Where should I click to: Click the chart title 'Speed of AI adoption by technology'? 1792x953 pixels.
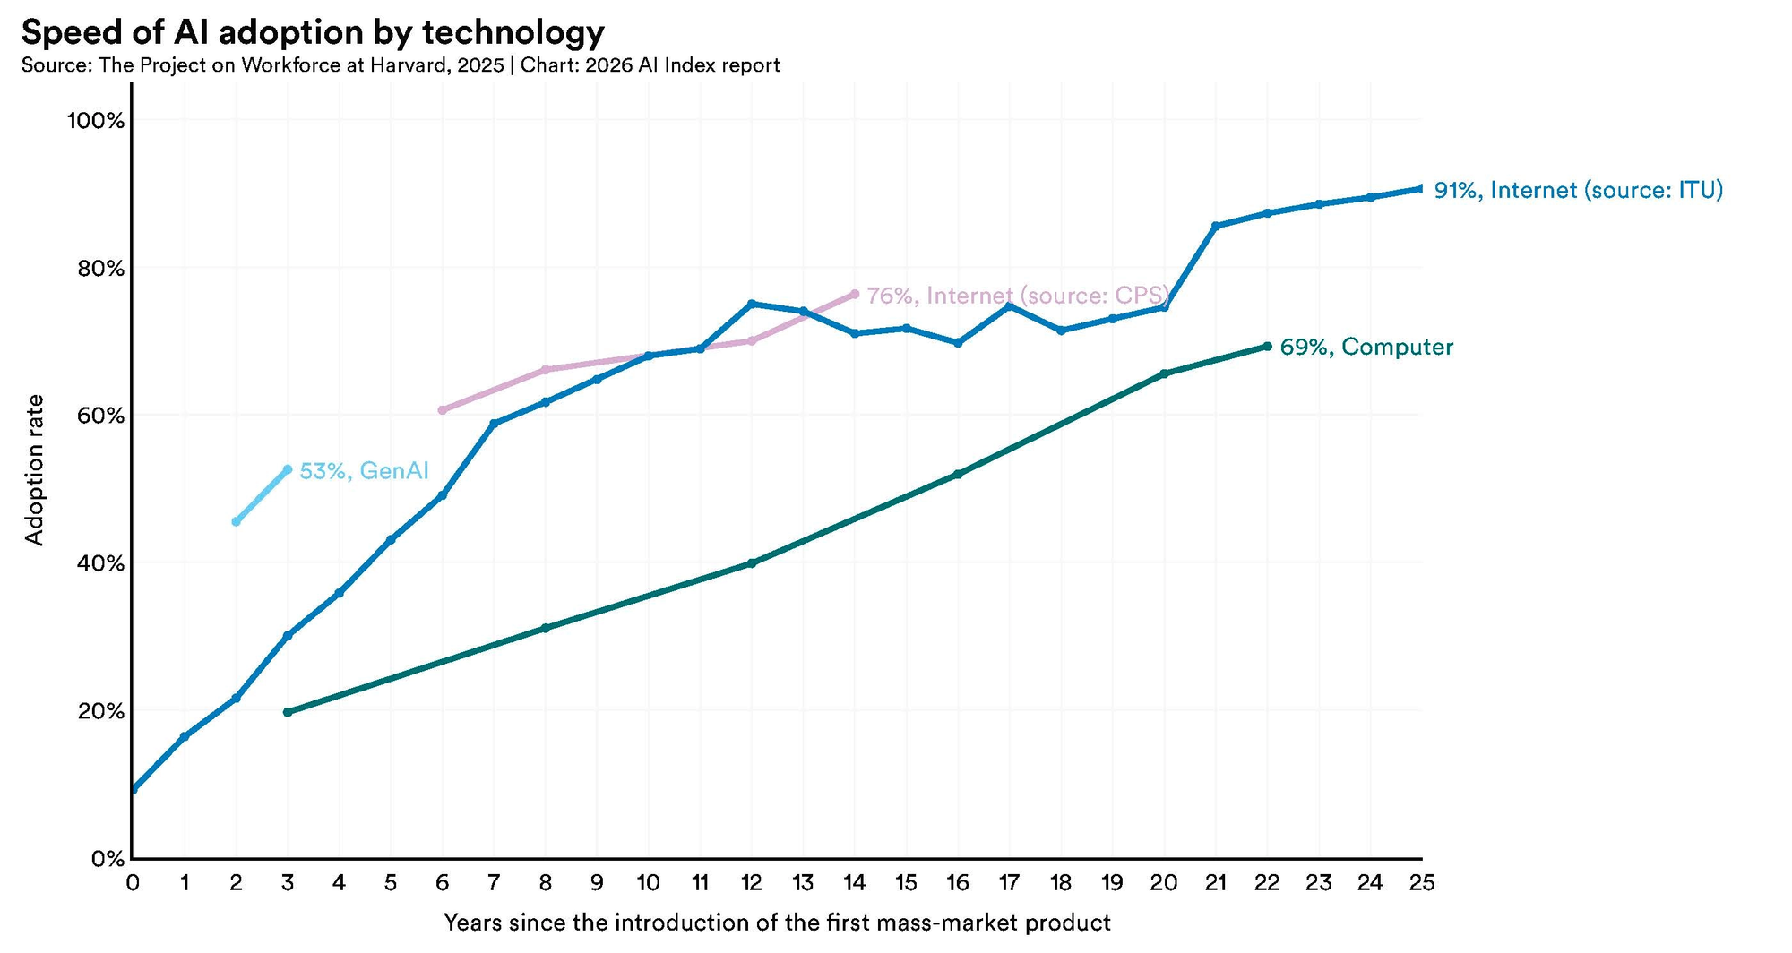(313, 32)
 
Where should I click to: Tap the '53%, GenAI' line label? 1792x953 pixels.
(364, 471)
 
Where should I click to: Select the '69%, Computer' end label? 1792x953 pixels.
(1366, 348)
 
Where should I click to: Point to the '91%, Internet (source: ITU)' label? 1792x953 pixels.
(1579, 190)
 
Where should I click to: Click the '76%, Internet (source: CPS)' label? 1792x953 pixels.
(1018, 296)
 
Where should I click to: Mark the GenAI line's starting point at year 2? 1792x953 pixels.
(236, 521)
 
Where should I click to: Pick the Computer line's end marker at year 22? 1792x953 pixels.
(1267, 346)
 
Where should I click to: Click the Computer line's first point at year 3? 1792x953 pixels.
(288, 712)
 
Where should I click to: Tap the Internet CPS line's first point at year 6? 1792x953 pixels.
(442, 410)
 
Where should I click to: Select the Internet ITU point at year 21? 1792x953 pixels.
(1216, 226)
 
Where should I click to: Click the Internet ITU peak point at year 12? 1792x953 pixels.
(752, 304)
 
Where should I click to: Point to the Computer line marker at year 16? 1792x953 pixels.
(958, 474)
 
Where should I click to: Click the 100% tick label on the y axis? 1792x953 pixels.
(96, 121)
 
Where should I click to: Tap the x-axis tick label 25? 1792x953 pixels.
(1421, 883)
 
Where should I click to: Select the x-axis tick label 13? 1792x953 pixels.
(803, 883)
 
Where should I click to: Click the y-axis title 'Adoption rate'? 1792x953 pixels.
(34, 469)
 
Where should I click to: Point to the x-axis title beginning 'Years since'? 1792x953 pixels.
(777, 923)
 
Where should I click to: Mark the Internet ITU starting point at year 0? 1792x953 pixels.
(134, 789)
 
